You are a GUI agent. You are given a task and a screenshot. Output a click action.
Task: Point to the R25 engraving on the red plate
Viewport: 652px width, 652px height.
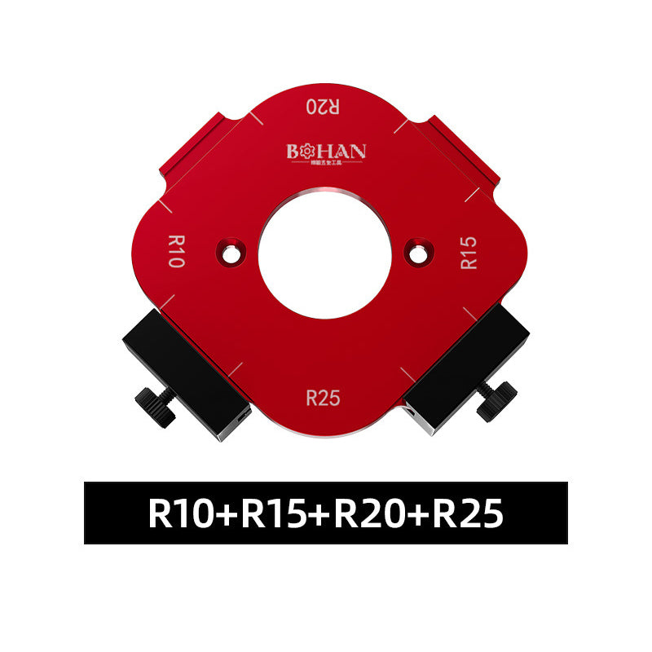pos(324,398)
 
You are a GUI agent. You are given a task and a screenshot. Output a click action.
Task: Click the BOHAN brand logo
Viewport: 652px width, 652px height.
pos(326,152)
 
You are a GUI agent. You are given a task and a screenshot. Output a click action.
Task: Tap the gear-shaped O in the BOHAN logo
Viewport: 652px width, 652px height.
pos(306,151)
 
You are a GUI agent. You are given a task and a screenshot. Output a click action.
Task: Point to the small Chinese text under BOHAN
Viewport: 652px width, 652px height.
pos(326,163)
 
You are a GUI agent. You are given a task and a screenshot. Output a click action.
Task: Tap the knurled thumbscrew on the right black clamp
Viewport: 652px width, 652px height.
pos(496,399)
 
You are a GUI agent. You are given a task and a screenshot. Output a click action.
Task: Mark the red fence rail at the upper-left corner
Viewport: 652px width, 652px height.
pos(196,147)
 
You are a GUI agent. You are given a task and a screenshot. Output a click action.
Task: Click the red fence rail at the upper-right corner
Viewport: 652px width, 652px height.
pos(460,147)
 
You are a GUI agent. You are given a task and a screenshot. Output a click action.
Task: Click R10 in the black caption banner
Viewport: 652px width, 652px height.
pos(181,513)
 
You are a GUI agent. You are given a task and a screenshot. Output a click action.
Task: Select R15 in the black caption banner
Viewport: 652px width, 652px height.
pos(273,513)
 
